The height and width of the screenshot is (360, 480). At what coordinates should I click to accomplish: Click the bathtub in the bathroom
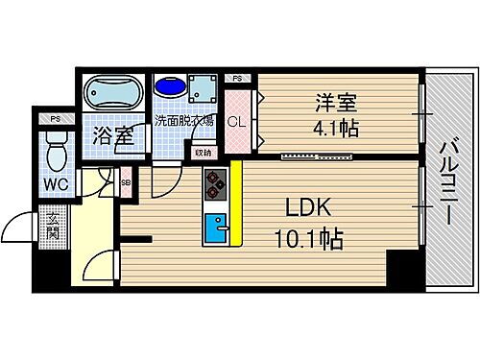(x=114, y=95)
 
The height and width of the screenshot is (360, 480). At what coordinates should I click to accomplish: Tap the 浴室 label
(x=112, y=136)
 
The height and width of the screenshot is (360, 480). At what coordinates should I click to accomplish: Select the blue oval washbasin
(x=170, y=84)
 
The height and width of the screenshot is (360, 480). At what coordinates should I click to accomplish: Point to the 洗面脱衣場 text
(x=184, y=121)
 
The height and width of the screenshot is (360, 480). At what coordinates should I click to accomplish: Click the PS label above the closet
(x=237, y=78)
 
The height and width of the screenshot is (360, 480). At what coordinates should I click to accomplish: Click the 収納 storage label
(x=203, y=151)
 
